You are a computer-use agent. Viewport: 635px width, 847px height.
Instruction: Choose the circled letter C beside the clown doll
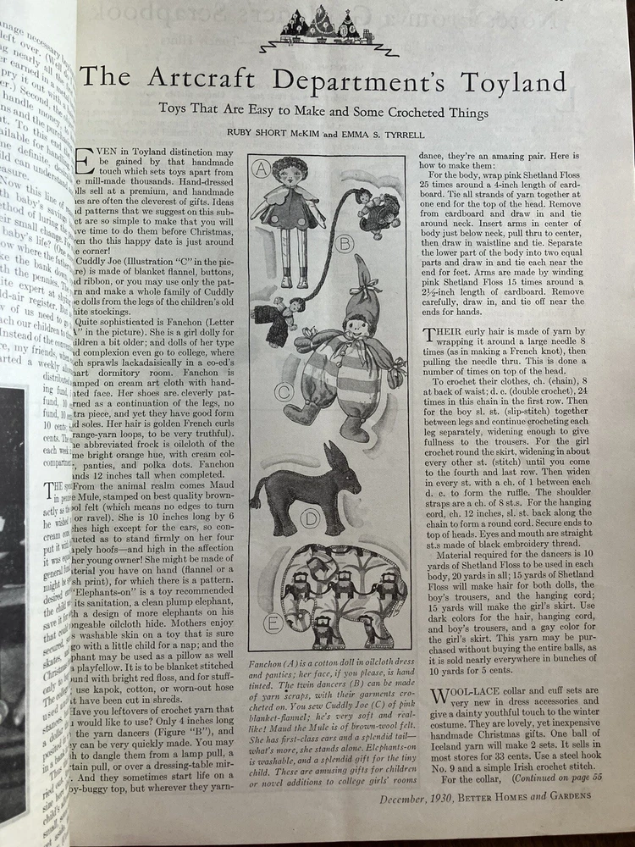[x=284, y=391]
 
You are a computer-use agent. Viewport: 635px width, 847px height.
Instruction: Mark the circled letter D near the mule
[x=311, y=516]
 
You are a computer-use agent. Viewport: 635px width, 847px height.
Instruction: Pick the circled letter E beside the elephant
[x=273, y=624]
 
